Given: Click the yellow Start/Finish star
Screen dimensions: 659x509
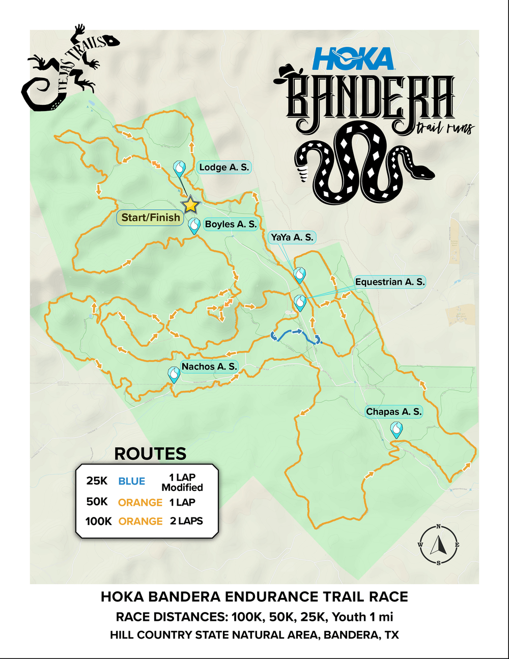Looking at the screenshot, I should tap(190, 205).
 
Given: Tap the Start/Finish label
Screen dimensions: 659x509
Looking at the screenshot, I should tap(151, 217).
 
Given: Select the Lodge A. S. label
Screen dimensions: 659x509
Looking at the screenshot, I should tap(224, 167).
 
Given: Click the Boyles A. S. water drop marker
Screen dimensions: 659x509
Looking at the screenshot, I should tap(194, 225).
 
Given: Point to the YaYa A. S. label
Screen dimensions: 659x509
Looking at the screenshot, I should tap(292, 237).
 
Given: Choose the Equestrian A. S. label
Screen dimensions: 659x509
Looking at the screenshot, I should tap(389, 282).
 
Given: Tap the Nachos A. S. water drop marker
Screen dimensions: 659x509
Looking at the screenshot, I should tap(174, 374).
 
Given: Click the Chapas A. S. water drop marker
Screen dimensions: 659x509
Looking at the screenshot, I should tap(396, 429).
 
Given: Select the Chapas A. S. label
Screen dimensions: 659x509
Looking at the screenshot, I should tap(394, 411).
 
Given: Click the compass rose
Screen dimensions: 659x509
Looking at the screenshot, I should tap(438, 545).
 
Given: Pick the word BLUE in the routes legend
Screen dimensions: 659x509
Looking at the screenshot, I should tap(131, 481).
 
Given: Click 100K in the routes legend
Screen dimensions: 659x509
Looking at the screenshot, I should tap(98, 521).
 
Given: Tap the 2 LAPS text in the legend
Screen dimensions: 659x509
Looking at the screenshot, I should tap(186, 521).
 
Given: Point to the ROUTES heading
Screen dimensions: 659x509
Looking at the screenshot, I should tap(150, 453).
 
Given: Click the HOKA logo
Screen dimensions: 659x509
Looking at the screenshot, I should tap(353, 59).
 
